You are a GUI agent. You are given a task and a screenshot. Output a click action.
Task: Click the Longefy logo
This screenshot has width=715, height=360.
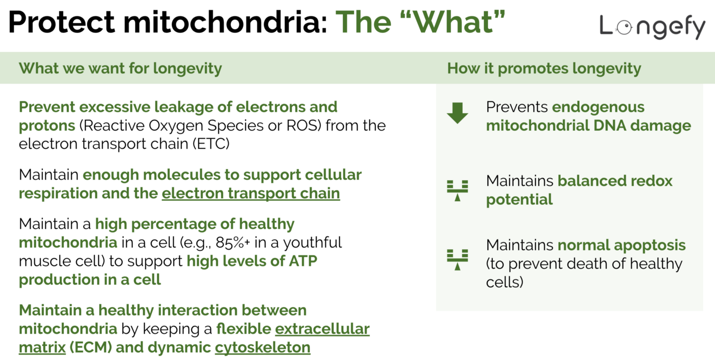(x=652, y=27)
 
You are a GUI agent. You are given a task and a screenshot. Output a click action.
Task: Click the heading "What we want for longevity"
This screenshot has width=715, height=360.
(x=121, y=68)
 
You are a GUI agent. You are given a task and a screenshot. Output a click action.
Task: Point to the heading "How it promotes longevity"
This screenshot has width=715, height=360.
(x=544, y=68)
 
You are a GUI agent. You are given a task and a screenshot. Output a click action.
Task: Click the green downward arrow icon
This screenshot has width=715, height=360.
(x=457, y=113)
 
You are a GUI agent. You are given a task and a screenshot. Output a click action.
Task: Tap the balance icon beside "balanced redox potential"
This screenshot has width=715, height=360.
(x=457, y=189)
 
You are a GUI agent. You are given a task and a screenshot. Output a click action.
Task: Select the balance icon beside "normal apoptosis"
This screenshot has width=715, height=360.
(x=457, y=258)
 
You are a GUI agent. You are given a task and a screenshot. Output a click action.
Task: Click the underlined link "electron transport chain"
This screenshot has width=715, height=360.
(x=251, y=194)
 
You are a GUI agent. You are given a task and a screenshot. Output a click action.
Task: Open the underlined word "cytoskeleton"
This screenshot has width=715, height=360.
(x=263, y=348)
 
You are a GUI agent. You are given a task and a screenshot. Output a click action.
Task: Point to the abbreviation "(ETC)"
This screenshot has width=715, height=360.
(x=211, y=144)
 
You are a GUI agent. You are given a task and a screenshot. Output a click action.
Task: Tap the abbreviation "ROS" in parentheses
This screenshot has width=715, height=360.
(x=304, y=125)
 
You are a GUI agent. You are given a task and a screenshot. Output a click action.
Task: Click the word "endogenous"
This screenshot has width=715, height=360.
(x=598, y=107)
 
